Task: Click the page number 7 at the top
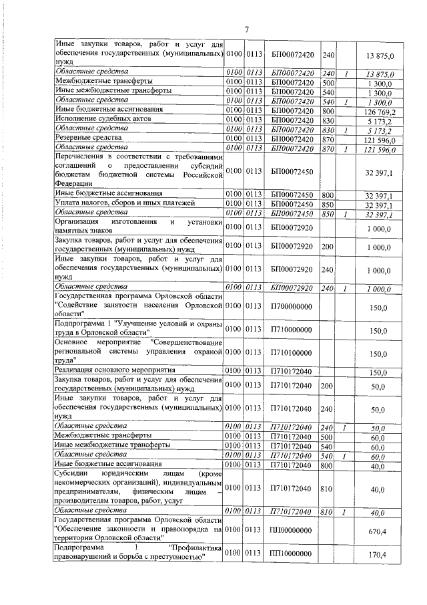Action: (x=246, y=29)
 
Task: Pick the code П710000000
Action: (x=291, y=330)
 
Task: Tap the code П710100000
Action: (x=291, y=354)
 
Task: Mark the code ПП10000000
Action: (x=291, y=554)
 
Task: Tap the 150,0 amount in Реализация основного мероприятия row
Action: (x=378, y=372)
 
